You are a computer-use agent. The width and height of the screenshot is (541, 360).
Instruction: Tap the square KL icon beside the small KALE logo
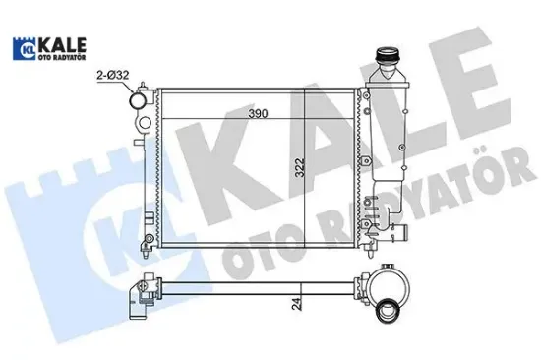tap(23, 47)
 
